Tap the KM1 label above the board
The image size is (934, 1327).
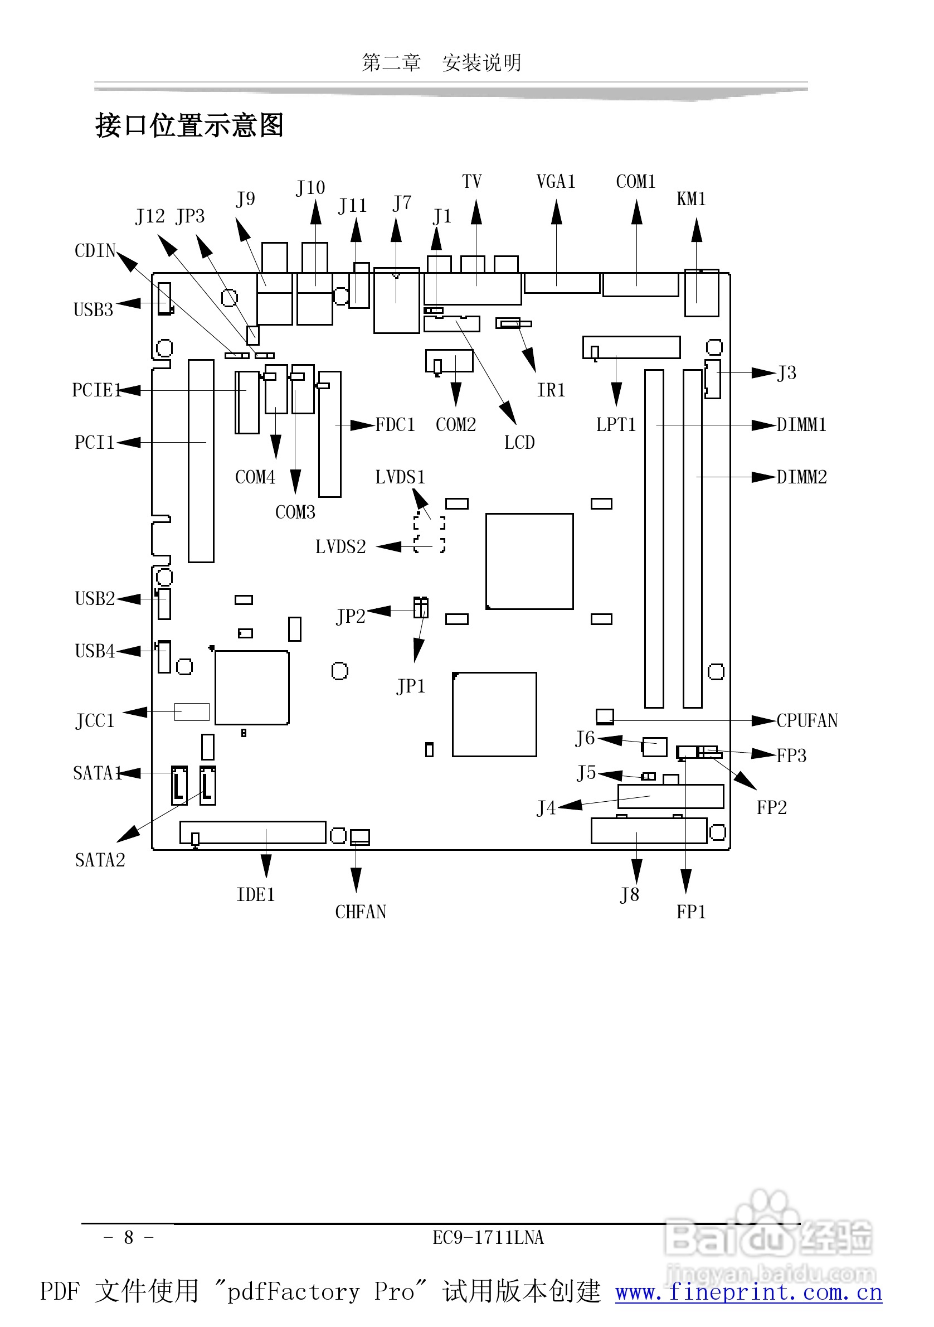692,199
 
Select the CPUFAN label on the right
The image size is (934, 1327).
807,720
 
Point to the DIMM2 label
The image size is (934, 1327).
802,477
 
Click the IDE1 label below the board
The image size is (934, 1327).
255,894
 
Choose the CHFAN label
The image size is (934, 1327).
361,912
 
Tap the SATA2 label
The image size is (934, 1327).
100,859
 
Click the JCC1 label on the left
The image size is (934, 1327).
95,721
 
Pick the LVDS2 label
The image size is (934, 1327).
341,546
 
